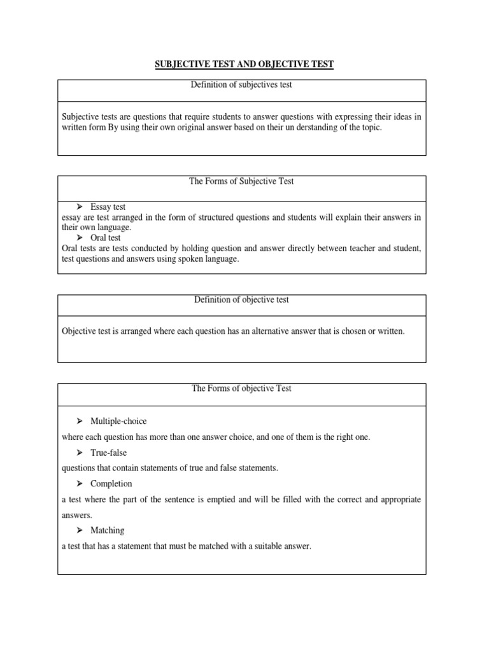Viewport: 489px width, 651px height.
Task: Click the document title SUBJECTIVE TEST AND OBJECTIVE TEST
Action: [244, 65]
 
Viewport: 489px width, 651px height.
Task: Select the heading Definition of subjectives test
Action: [241, 85]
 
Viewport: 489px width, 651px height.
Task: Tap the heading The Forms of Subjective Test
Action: [241, 181]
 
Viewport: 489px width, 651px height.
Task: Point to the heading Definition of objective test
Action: [241, 299]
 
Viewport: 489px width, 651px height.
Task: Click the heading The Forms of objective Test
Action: [241, 388]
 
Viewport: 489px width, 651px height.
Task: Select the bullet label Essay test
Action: [108, 207]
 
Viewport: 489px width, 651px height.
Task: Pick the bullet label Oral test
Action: [106, 237]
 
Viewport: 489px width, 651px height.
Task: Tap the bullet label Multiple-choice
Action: [118, 421]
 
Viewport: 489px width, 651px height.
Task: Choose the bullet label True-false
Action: [108, 452]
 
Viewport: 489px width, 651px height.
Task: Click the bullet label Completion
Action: [111, 483]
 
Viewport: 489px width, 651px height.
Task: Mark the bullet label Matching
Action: [107, 530]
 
